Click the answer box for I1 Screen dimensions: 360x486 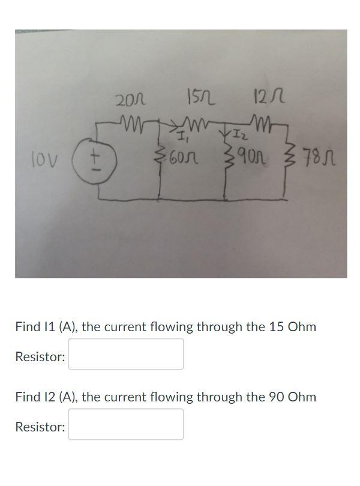[125, 354]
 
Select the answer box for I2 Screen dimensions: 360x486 [125, 424]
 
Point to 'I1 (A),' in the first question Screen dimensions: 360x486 [58, 328]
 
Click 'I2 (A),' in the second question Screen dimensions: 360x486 [58, 397]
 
